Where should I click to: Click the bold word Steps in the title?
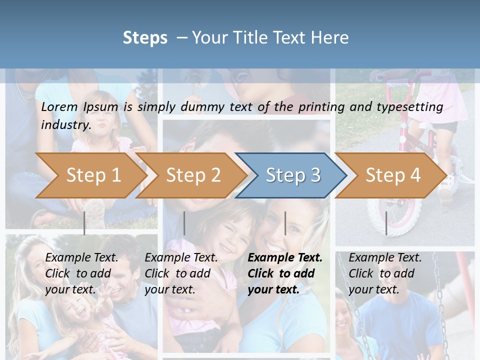145,38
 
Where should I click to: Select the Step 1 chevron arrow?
93,175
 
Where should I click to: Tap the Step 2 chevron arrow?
193,175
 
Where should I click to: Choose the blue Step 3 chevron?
293,175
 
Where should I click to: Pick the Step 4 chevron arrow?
393,175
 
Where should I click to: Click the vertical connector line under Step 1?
84,223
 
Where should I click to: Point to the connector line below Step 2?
184,223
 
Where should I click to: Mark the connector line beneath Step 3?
285,223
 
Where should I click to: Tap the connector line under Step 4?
386,223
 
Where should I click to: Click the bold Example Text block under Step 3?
285,273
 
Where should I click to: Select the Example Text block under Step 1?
81,273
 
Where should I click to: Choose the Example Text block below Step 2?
181,273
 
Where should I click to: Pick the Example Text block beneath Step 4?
385,273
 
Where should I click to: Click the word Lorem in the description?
59,106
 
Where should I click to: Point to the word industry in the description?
66,124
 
